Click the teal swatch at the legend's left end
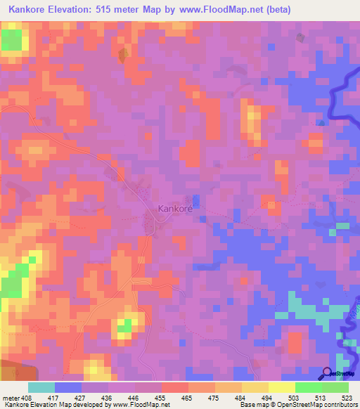click(41, 387)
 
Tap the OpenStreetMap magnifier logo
click(328, 373)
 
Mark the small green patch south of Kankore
click(125, 325)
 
